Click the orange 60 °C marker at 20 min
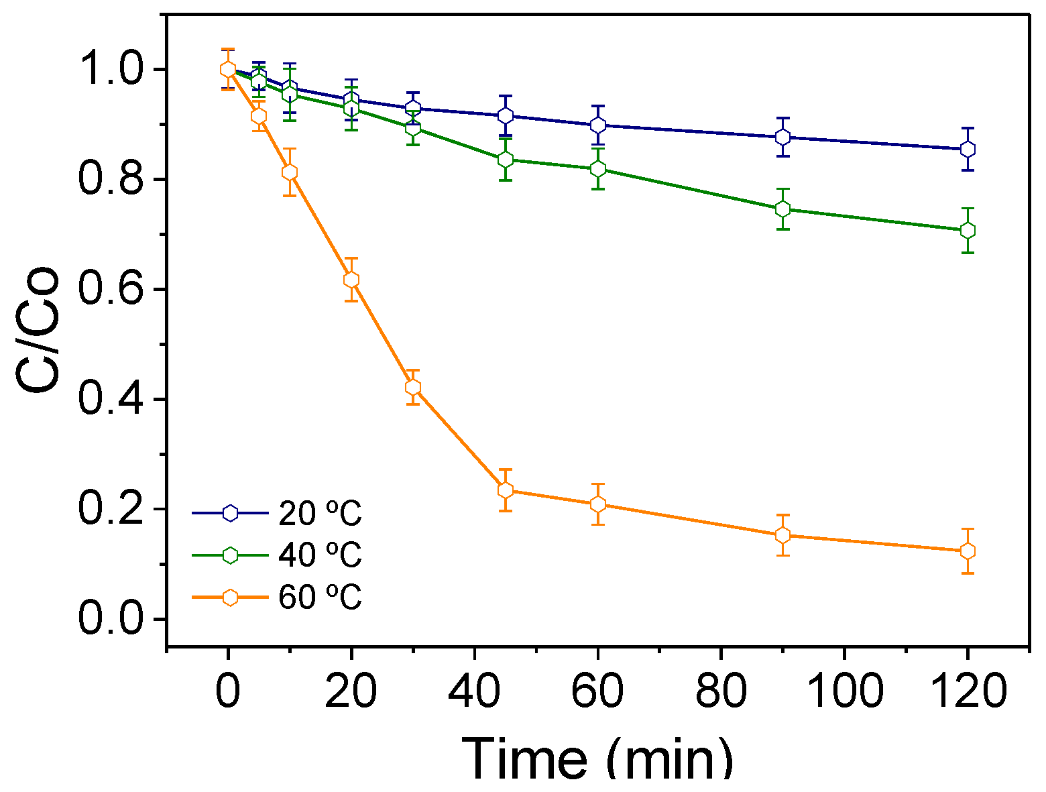pos(351,280)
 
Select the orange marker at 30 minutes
pos(412,387)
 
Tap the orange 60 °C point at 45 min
pos(505,490)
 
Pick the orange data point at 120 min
pos(967,551)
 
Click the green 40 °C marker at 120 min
pos(967,230)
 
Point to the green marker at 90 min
pos(782,209)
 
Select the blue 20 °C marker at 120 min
pos(967,149)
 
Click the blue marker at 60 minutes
pos(597,125)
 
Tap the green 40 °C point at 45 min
pos(505,159)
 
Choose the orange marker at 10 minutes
pos(289,172)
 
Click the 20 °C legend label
pos(320,514)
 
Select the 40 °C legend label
pos(320,555)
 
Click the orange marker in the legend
pos(230,598)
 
